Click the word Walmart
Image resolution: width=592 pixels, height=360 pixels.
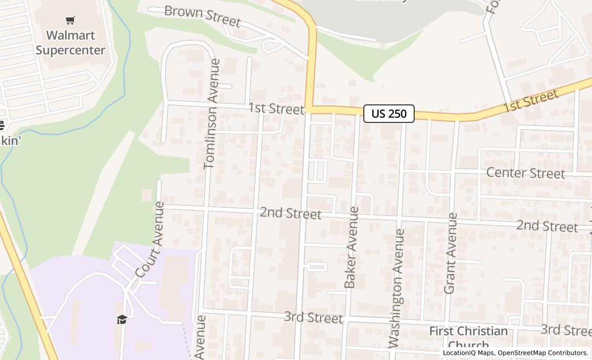point(70,35)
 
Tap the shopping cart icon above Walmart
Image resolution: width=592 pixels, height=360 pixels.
point(70,20)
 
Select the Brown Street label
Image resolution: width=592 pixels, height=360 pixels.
point(202,16)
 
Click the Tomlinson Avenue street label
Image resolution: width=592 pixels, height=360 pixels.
point(212,114)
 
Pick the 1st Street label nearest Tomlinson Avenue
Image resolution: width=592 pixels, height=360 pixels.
point(276,109)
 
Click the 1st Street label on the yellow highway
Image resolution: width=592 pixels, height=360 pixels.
point(530,101)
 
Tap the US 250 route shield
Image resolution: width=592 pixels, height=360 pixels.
point(389,114)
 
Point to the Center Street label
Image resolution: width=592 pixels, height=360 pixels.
point(525,173)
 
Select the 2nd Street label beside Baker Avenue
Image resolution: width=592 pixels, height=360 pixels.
point(290,213)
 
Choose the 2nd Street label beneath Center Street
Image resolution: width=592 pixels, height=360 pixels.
point(547,226)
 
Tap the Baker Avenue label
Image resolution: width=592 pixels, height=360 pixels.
point(351,247)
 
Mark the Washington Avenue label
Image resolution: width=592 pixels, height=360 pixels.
point(397,288)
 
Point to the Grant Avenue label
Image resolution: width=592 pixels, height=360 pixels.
point(450,253)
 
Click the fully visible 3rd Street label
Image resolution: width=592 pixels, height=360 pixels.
point(313,317)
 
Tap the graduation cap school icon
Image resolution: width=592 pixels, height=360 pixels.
point(122,320)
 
